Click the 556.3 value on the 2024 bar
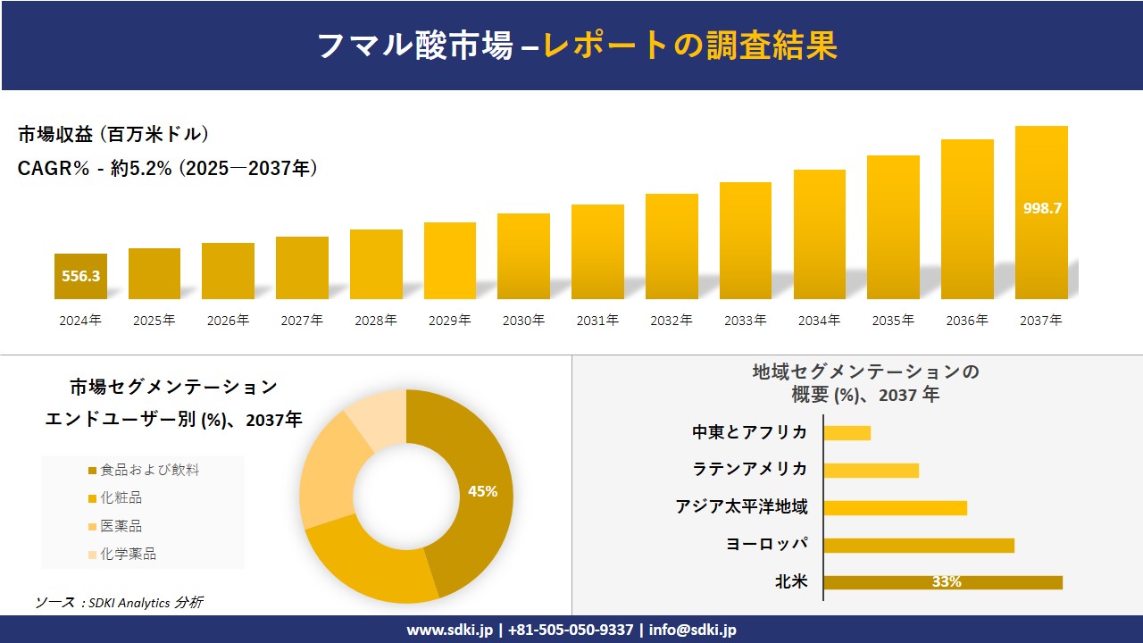click(x=80, y=276)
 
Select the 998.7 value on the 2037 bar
click(x=1041, y=208)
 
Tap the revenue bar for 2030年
click(x=523, y=256)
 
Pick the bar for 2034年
click(x=819, y=234)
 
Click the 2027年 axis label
click(x=302, y=320)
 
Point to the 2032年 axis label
click(x=671, y=320)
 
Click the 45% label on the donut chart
click(x=482, y=491)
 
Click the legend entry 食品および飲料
click(x=148, y=470)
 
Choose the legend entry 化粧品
click(x=121, y=497)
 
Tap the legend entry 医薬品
click(x=121, y=526)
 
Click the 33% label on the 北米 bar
click(x=947, y=582)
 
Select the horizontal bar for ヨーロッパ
click(x=918, y=545)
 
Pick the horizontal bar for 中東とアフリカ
click(x=847, y=432)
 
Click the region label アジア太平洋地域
click(x=741, y=507)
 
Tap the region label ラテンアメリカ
click(x=749, y=470)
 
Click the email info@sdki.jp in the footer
click(x=692, y=630)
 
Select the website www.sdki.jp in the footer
click(x=448, y=630)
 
